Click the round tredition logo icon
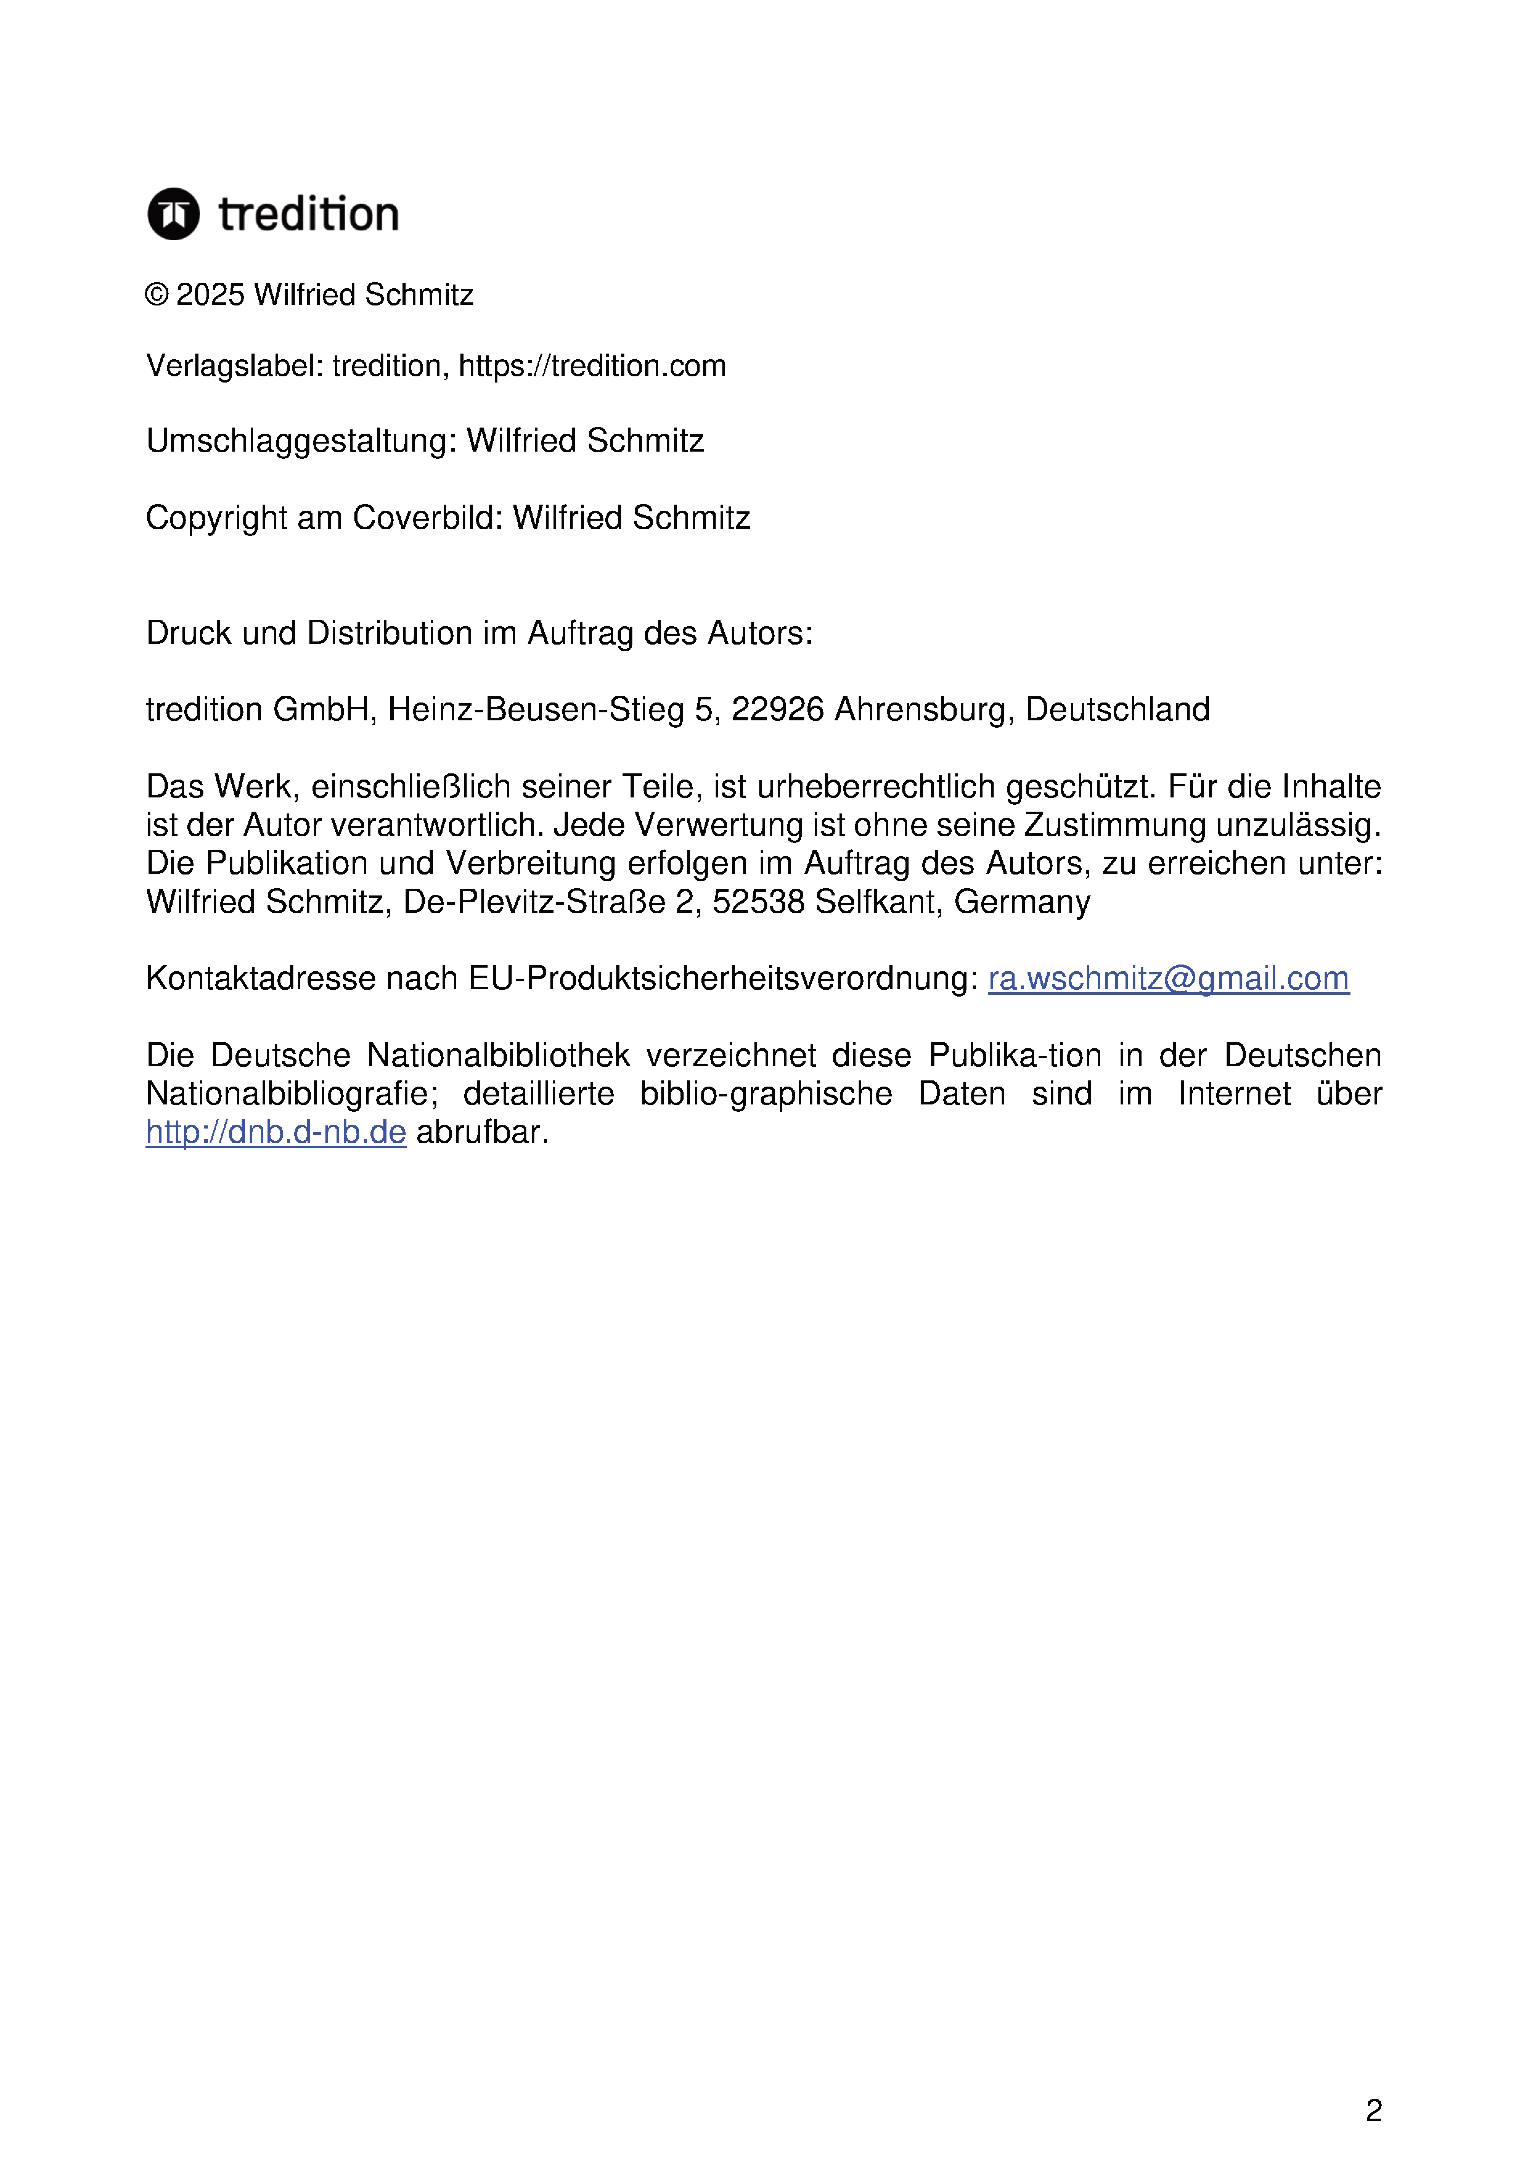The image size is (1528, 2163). [173, 214]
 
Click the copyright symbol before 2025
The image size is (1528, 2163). [156, 295]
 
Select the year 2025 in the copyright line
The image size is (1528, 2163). [210, 295]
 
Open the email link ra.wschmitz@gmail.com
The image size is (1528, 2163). [1168, 979]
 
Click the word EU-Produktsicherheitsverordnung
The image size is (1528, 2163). [724, 979]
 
